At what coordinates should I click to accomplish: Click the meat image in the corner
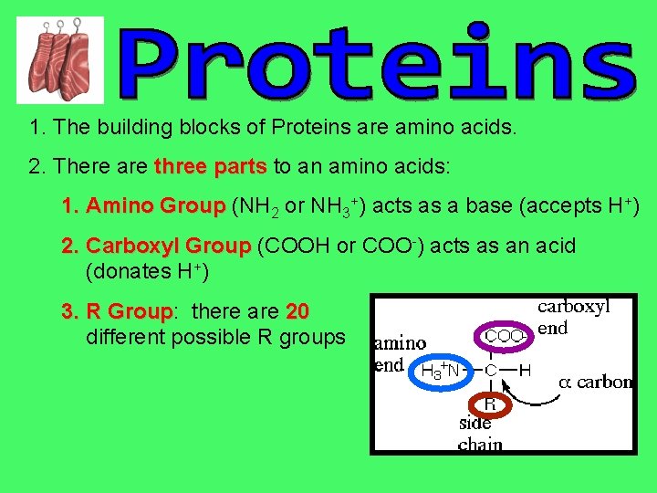click(60, 59)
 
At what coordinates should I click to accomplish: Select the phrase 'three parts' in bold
click(210, 167)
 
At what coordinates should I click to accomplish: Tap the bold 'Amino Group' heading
click(144, 206)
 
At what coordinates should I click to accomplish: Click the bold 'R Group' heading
click(117, 312)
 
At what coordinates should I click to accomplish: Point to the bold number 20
click(297, 312)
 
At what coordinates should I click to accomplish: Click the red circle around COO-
click(504, 336)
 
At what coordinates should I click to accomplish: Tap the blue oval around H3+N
click(443, 371)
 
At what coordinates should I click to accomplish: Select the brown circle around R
click(490, 403)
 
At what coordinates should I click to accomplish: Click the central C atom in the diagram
click(490, 371)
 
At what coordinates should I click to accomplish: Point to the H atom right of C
click(525, 371)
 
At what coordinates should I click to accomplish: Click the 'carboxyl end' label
click(573, 317)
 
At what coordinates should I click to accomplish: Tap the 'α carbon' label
click(595, 382)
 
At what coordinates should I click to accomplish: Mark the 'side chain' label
click(477, 434)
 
